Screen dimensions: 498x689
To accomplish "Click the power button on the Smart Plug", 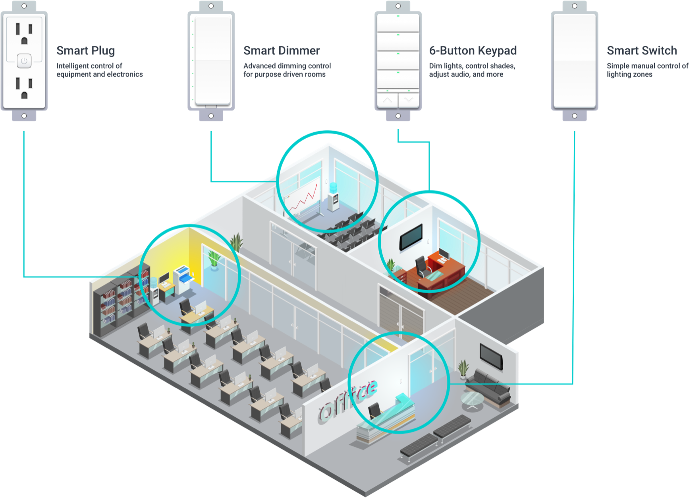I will tap(24, 61).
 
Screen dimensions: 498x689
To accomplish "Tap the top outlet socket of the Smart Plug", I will tap(24, 33).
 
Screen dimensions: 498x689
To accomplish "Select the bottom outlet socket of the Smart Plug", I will tap(24, 88).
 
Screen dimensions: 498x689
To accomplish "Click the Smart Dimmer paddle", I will tap(211, 60).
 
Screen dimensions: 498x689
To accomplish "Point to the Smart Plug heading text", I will tap(85, 50).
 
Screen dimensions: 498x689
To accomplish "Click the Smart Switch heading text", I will tap(642, 50).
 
